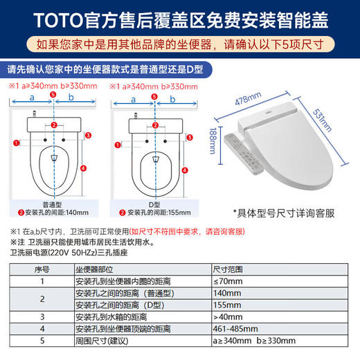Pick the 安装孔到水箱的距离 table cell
click(111, 316)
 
